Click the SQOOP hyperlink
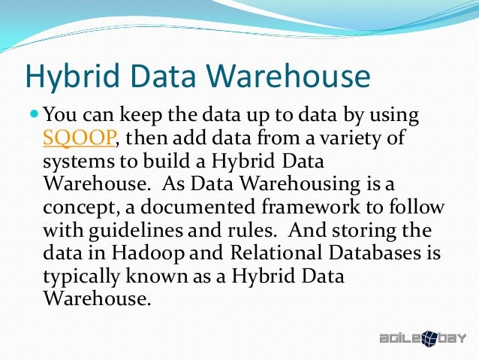point(79,138)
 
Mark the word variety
point(351,138)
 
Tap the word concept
point(76,207)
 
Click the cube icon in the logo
point(432,338)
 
